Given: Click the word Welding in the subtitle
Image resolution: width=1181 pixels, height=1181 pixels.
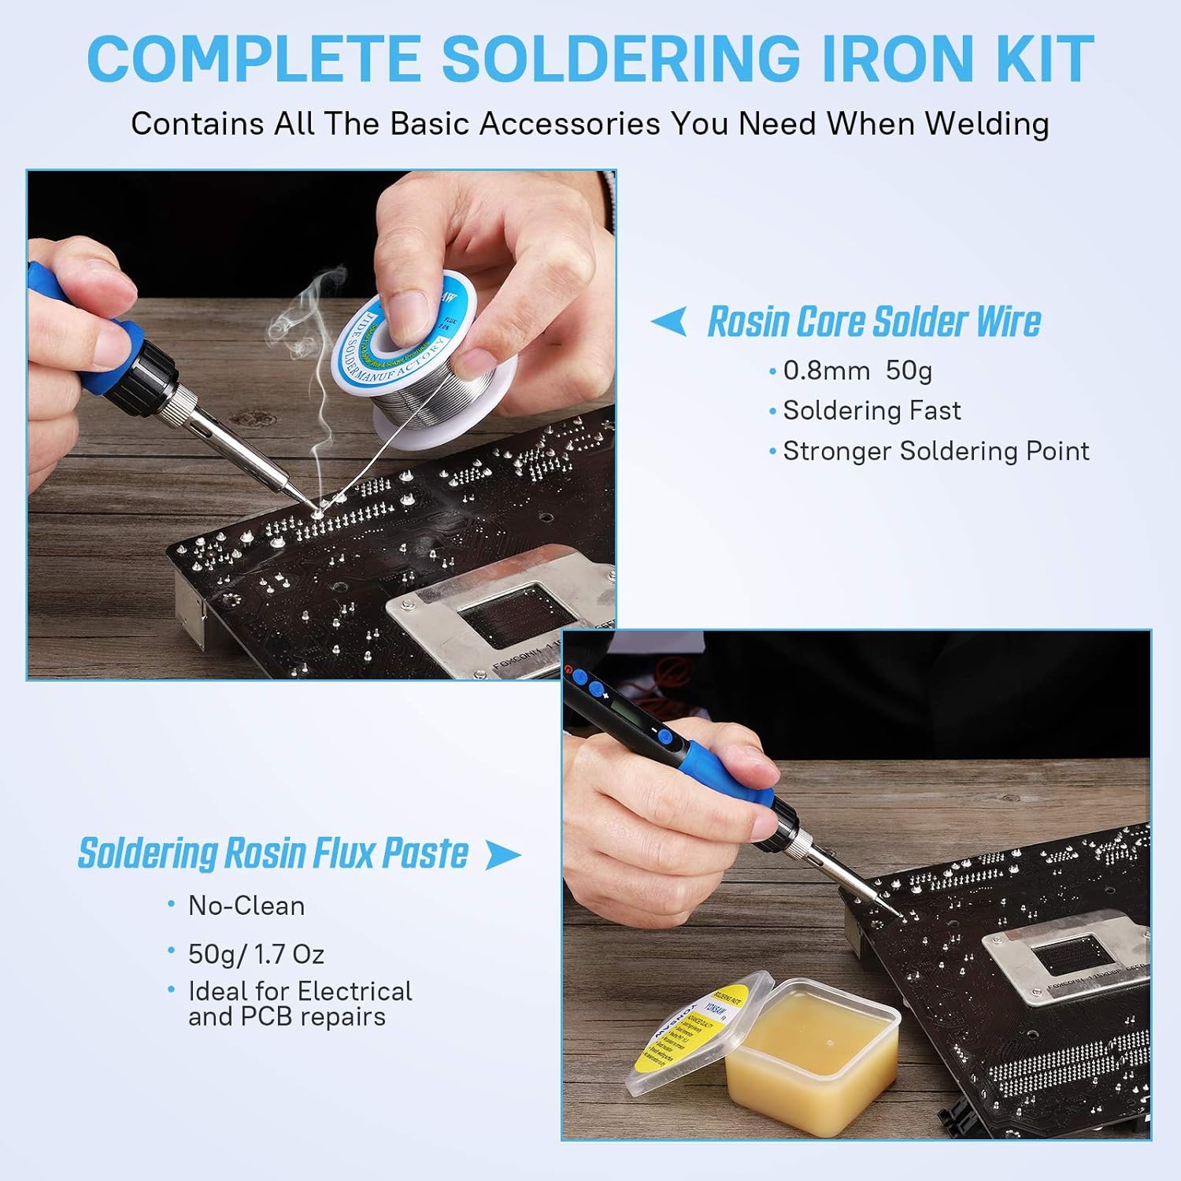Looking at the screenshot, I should [987, 124].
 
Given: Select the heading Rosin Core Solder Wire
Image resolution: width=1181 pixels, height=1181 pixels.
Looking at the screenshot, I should [874, 322].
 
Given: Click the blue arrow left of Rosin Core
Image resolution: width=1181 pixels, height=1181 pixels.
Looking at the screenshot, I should [669, 321].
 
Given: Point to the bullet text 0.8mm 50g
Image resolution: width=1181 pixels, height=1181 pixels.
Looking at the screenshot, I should [857, 370].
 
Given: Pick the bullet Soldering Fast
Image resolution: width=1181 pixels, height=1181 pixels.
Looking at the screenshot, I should [872, 410].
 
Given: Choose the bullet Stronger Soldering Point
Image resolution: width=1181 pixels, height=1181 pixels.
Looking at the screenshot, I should [936, 451].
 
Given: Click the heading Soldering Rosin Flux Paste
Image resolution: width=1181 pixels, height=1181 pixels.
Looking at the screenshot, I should [273, 853].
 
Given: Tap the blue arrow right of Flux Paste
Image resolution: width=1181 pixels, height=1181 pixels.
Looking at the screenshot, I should [502, 855].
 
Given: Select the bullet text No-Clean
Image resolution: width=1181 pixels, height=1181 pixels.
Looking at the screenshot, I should [246, 906].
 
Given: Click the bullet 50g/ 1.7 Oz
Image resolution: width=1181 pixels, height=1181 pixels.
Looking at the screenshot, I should [256, 954].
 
